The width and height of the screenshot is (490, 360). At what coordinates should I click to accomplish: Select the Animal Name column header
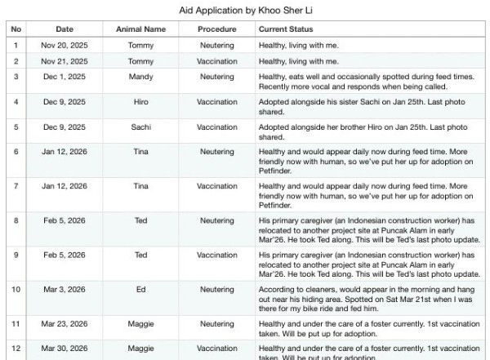[140, 29]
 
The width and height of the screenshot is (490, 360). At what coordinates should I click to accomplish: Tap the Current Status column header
[286, 29]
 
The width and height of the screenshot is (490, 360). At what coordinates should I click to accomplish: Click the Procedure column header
[216, 29]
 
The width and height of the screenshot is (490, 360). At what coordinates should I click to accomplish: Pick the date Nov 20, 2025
[65, 45]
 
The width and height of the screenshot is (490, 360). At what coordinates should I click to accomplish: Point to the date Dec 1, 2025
[65, 76]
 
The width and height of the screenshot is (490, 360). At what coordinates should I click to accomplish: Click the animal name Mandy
[140, 76]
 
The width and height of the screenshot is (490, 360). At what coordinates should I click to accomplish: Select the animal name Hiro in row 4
[140, 102]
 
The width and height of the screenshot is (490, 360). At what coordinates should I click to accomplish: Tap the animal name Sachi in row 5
[140, 127]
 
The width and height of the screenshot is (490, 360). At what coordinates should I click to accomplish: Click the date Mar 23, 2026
[65, 324]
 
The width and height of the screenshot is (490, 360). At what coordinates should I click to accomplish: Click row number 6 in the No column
[16, 152]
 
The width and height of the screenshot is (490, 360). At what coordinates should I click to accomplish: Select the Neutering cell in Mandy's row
[216, 76]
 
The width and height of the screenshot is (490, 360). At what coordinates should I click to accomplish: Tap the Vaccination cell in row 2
[216, 61]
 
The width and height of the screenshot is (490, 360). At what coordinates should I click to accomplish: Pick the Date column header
[65, 29]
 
